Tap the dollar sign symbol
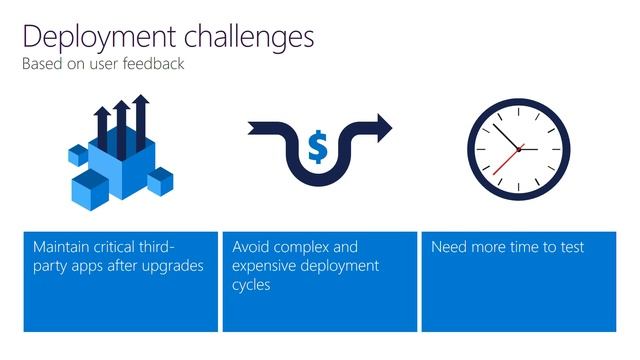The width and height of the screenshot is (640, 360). click(x=317, y=148)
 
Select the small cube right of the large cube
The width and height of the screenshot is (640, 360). click(x=160, y=181)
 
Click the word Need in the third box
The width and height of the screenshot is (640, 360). click(x=449, y=247)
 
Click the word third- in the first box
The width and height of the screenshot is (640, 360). click(x=153, y=247)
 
